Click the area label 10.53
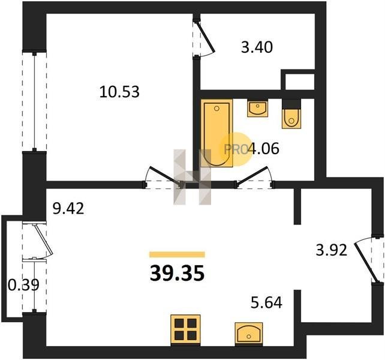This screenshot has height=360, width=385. (119, 92)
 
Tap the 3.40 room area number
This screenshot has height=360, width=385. (257, 47)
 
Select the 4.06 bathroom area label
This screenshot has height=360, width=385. (264, 149)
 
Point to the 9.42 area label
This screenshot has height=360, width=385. (68, 208)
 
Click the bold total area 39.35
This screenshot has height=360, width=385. (177, 274)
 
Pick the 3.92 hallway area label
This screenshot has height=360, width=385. (331, 250)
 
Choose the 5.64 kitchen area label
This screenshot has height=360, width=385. (266, 302)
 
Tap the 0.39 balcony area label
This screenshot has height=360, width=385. (23, 285)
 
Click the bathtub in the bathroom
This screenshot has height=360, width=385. (216, 133)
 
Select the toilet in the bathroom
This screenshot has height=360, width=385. (291, 114)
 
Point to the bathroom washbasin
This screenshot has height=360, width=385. (257, 108)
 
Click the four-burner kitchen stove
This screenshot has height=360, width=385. (185, 330)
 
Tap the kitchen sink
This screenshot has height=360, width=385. (249, 334)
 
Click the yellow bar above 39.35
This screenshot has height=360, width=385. (177, 254)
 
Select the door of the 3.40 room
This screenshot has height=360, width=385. (206, 38)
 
